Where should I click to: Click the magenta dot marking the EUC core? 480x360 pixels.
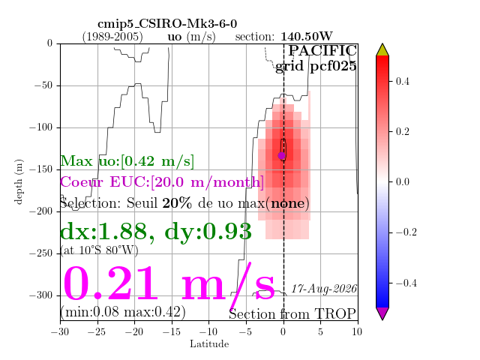282,155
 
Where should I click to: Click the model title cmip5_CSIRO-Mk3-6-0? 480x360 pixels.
167,23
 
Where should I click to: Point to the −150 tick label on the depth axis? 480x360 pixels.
41,169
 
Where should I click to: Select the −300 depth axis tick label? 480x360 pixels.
41,295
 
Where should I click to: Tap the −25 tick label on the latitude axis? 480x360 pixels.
97,331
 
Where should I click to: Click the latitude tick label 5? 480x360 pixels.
320,331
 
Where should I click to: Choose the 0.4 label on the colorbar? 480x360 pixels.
402,82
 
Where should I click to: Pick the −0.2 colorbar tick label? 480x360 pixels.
406,232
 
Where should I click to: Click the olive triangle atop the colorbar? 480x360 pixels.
382,49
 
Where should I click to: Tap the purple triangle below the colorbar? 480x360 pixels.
382,313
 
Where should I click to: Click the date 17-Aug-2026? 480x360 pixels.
324,289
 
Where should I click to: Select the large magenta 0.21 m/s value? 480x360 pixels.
169,283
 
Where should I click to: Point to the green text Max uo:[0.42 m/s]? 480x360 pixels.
127,161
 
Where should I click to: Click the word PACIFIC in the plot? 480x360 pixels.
322,50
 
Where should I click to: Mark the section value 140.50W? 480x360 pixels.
307,37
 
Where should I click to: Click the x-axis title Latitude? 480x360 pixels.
209,343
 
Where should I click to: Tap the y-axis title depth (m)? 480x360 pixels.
18,181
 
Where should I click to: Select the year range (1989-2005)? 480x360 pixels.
112,37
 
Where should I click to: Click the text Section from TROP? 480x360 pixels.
292,314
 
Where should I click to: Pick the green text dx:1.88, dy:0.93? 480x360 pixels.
156,231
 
